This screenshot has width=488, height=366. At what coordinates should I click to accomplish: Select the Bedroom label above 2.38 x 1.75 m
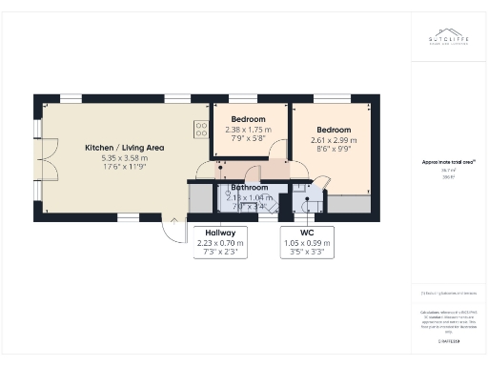pos(248,120)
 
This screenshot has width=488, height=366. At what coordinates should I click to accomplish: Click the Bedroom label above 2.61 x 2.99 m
pos(334,130)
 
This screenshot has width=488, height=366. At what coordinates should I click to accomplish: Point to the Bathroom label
pos(249,188)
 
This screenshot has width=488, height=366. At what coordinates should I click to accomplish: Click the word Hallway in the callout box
pos(220,233)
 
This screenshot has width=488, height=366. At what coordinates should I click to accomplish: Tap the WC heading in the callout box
pos(307,233)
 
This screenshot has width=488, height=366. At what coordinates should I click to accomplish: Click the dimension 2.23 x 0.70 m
pos(220,243)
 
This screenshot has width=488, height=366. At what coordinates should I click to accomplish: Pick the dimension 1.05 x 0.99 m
pos(307,243)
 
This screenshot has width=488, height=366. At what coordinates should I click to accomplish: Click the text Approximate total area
pos(441,162)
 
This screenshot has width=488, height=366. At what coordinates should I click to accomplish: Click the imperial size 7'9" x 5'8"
pos(248,140)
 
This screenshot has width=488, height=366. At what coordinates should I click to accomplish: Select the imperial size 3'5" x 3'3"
pos(307,254)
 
